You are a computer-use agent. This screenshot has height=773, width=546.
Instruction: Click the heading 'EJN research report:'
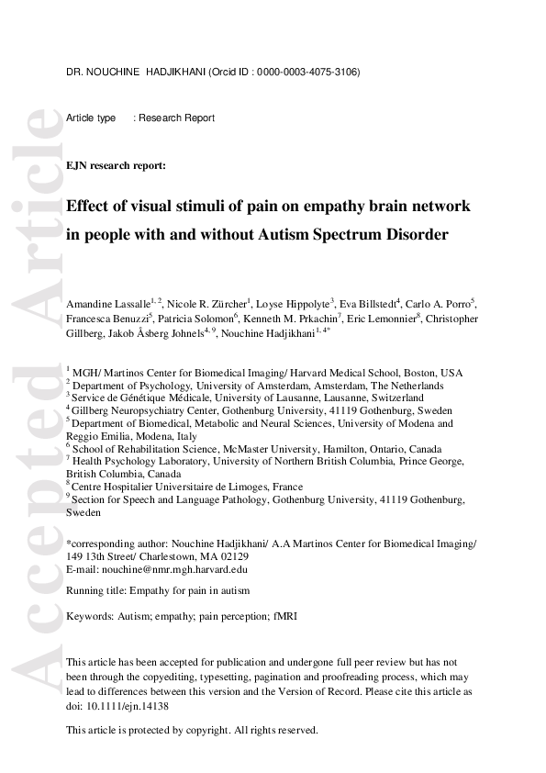(x=116, y=166)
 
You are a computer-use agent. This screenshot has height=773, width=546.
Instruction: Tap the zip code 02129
(x=248, y=556)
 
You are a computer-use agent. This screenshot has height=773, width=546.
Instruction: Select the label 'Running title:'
(x=97, y=590)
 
